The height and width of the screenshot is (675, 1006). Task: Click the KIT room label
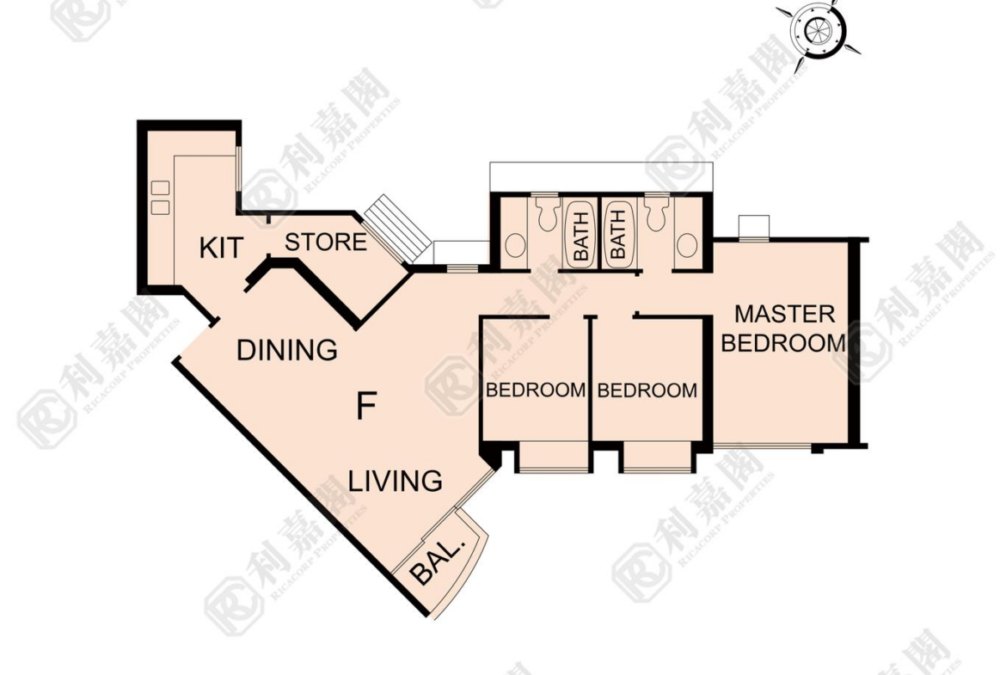click(x=221, y=247)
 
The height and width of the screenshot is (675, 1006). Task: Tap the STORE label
click(x=326, y=242)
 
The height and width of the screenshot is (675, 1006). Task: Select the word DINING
click(x=287, y=350)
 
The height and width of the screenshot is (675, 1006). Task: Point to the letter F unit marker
click(x=365, y=406)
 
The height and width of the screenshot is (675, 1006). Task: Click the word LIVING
click(x=396, y=481)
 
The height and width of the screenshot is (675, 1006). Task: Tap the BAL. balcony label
click(x=438, y=561)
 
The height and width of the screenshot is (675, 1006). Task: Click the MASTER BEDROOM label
click(x=784, y=328)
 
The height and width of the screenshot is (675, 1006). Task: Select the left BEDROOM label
click(x=536, y=390)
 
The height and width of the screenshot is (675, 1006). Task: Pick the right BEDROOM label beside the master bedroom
click(x=647, y=390)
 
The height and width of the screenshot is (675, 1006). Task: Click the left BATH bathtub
click(x=580, y=236)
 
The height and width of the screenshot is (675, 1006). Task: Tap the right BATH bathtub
click(x=617, y=236)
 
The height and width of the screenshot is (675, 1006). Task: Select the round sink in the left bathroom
click(x=515, y=245)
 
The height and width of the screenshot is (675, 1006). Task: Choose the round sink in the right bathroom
click(x=687, y=245)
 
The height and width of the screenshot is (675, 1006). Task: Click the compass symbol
click(x=818, y=30)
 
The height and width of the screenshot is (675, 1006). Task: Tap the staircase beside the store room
click(x=398, y=229)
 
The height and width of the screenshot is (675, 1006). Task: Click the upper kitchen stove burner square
click(x=160, y=187)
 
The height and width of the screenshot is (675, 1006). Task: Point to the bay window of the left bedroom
click(x=553, y=457)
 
